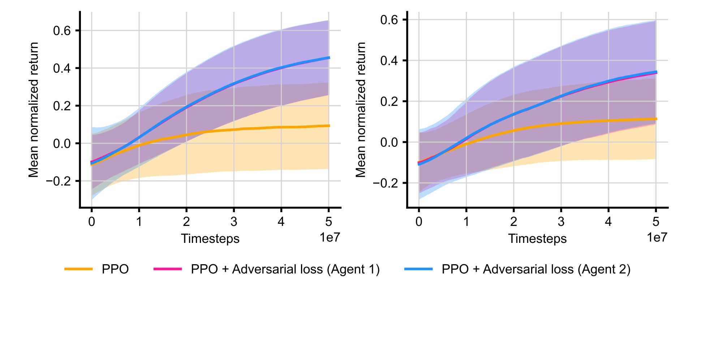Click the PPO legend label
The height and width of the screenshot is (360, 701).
[115, 269]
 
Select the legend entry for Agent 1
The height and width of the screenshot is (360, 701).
[285, 269]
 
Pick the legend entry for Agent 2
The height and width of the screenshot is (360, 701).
[536, 269]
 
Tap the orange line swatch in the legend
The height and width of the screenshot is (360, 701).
[78, 269]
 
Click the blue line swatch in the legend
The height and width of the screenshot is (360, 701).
[418, 269]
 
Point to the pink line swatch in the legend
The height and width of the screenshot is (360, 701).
[168, 269]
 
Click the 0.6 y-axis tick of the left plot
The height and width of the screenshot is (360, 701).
[62, 31]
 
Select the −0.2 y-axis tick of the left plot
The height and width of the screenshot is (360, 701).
[58, 181]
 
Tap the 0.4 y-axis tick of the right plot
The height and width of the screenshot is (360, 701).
[389, 61]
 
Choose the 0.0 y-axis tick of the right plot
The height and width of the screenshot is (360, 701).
[389, 142]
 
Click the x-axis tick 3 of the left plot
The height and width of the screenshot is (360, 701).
[234, 222]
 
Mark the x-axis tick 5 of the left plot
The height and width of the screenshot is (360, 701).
[328, 222]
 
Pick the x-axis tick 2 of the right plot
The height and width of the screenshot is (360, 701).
[513, 222]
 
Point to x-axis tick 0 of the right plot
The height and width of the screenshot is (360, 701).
[419, 222]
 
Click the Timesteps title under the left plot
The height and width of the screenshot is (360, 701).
[210, 239]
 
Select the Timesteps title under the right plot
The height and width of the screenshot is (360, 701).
[537, 239]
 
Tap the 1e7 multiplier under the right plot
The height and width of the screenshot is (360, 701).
[657, 237]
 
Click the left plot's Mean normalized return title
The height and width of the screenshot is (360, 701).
[34, 110]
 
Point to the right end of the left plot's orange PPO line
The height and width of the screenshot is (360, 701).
[329, 126]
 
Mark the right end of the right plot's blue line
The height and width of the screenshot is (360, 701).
[656, 72]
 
